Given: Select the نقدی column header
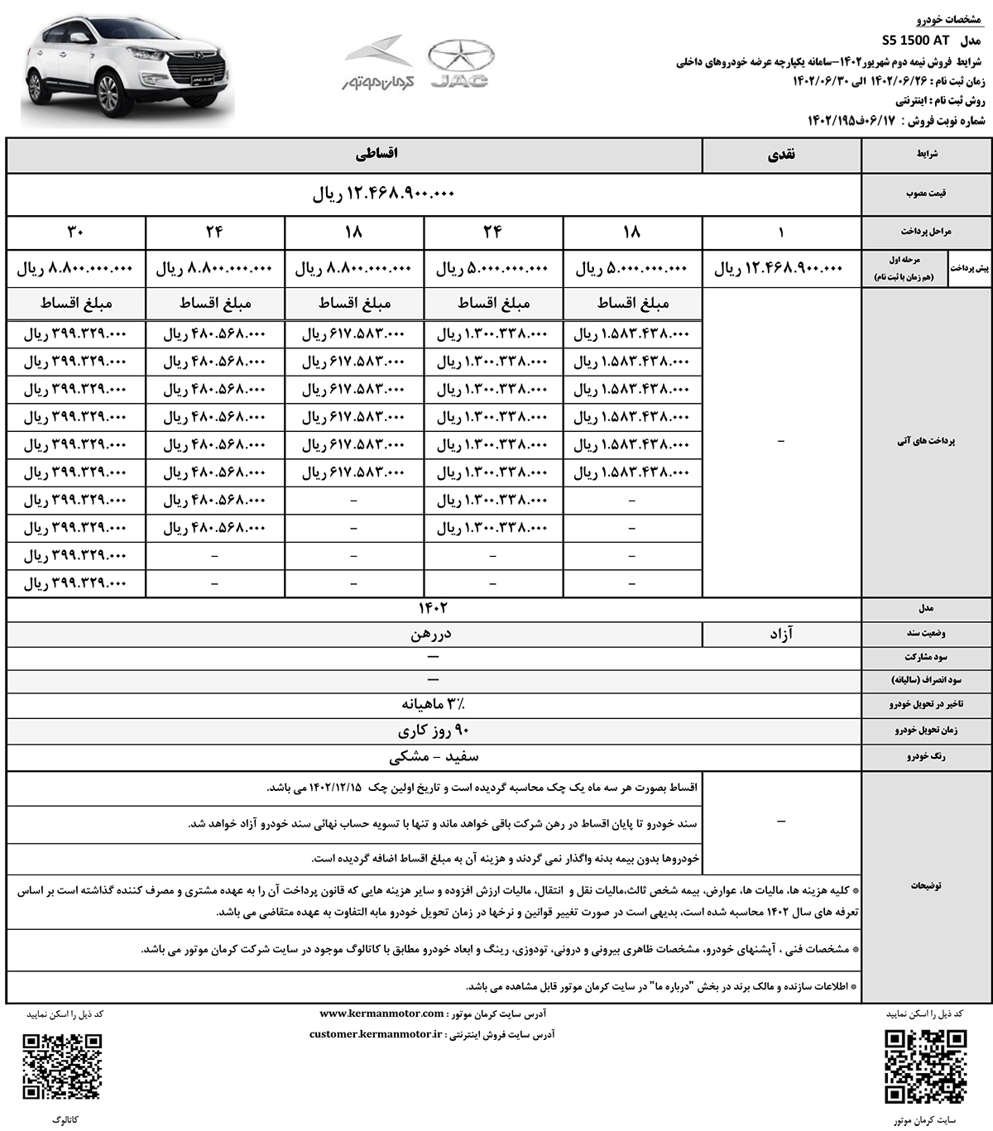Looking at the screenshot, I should point(781,155).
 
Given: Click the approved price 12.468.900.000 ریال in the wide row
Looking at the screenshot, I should point(384,195).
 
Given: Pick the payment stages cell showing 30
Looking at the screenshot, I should point(76,232).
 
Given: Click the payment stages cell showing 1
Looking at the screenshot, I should point(781,232).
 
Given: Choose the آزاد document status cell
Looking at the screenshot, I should point(781,634).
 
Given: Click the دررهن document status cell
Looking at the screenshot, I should point(432,634).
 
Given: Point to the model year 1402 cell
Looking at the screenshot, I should point(432,608).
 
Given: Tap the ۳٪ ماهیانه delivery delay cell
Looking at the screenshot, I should point(432,705).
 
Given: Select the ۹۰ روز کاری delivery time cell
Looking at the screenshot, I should point(432,731).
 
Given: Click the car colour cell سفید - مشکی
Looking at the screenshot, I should point(432,756).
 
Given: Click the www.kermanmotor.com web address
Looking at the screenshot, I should point(381,1014).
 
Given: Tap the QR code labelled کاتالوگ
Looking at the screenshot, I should point(63,1066).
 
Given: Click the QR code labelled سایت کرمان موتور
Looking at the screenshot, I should point(925,1066).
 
